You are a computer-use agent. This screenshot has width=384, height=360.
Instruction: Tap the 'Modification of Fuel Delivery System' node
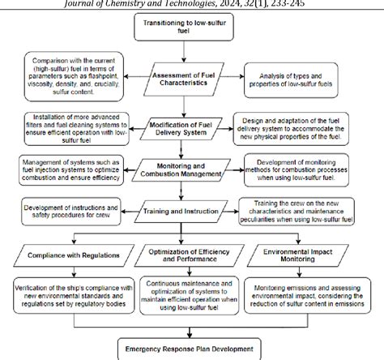tap(192, 128)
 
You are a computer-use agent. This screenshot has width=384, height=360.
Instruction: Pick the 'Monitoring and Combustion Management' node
tap(190, 170)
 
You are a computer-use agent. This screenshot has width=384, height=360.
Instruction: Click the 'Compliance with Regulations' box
tap(74, 255)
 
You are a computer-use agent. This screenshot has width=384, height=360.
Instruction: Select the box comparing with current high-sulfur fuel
tap(75, 75)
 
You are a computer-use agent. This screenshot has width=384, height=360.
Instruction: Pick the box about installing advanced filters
tap(74, 126)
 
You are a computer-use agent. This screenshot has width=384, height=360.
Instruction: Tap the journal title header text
tap(192, 4)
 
